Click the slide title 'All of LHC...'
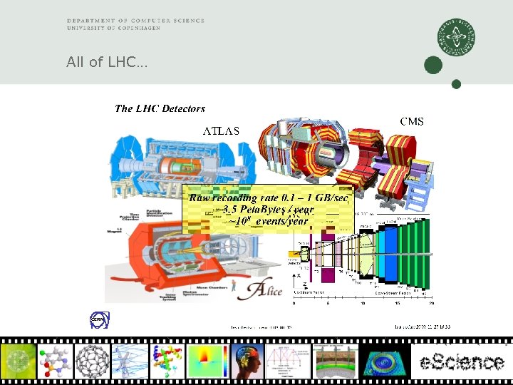[x=107, y=63]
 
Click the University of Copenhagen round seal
[x=457, y=37]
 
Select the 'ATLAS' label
[x=222, y=130]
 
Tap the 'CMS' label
[x=411, y=122]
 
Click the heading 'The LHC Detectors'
[x=160, y=108]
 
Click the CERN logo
[x=98, y=320]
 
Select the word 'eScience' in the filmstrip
[x=460, y=361]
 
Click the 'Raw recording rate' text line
[x=268, y=197]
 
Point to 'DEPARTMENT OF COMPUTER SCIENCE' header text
[x=135, y=21]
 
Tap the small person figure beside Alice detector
[x=233, y=285]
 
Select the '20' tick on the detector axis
[x=431, y=302]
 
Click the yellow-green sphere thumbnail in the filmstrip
[x=19, y=361]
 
